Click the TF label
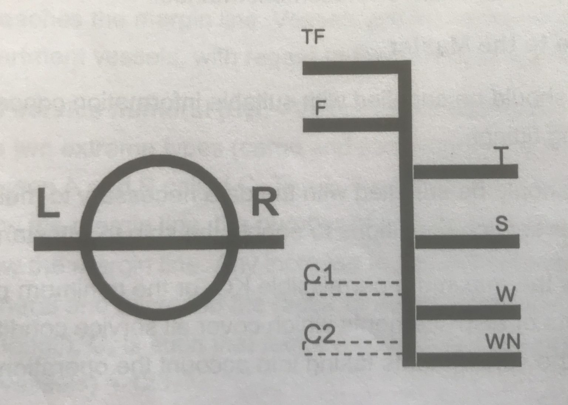click(313, 37)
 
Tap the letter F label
click(320, 109)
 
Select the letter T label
click(501, 155)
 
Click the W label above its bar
click(506, 294)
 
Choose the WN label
click(503, 342)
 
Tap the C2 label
click(319, 335)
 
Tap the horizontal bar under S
click(467, 241)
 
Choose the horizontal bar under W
click(468, 312)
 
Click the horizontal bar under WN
click(469, 359)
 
